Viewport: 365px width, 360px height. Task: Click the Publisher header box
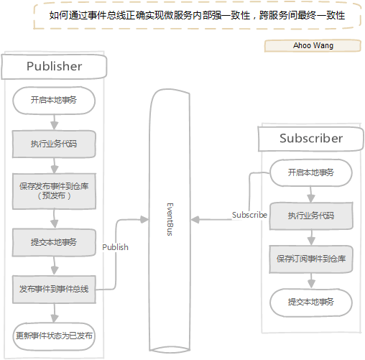54,67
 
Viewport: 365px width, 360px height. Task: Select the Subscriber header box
310,139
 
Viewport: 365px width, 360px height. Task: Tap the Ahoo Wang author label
313,46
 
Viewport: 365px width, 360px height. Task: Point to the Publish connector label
115,247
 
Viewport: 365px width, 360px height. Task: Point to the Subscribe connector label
249,215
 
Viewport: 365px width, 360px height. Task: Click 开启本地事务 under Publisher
54,101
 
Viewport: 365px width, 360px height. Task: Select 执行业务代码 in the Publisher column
54,144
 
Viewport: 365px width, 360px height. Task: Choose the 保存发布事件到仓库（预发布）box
54,190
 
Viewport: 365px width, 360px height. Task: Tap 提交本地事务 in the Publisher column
54,242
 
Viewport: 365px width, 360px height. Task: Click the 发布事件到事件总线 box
54,289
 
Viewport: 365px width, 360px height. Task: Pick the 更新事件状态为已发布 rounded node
54,336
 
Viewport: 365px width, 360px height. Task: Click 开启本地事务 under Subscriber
310,172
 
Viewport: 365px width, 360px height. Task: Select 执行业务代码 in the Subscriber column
310,216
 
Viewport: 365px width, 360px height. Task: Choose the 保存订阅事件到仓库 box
310,259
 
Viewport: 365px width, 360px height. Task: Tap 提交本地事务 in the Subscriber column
310,302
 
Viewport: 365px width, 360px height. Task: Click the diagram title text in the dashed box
196,16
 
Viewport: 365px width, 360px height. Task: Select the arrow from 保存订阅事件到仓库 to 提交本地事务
310,280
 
